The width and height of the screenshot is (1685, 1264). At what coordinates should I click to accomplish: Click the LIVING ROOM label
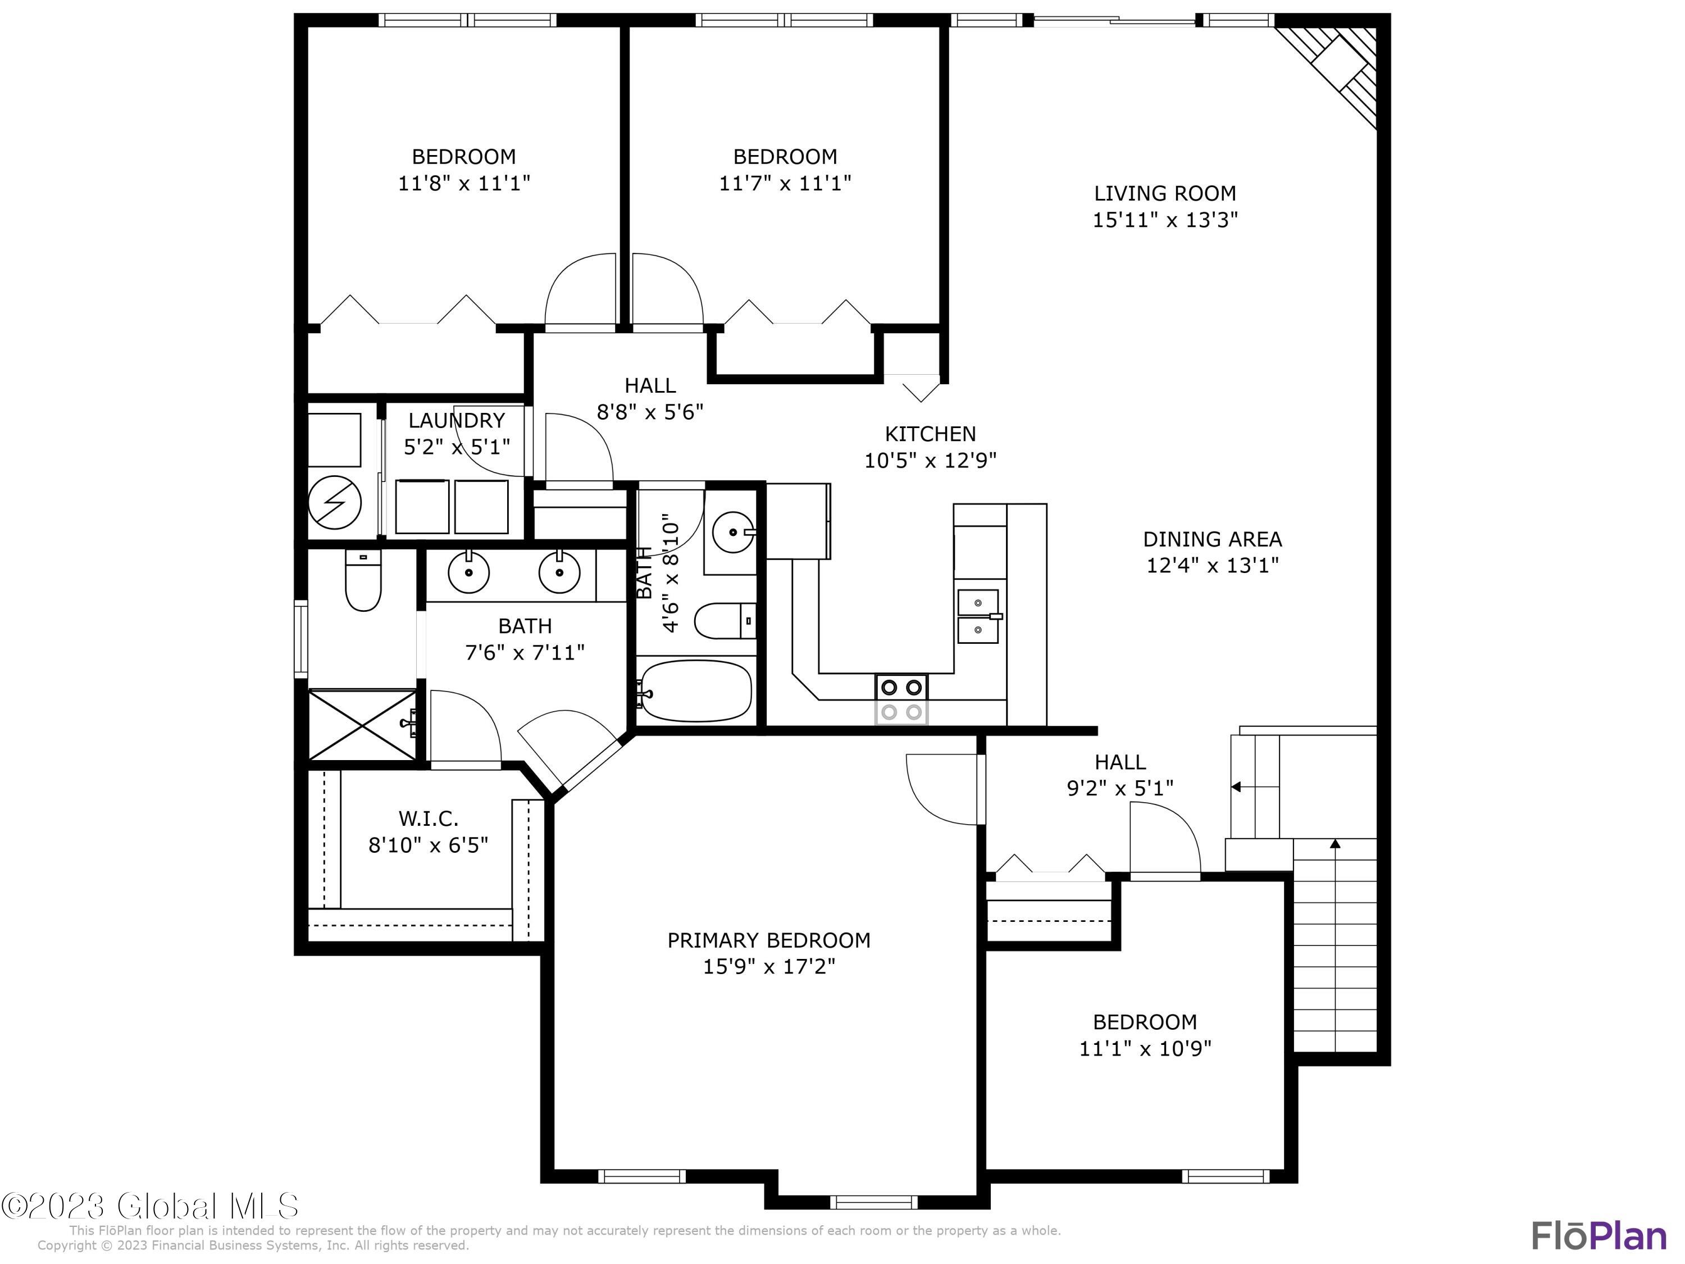click(1165, 193)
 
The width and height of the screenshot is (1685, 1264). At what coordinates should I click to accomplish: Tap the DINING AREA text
click(1212, 539)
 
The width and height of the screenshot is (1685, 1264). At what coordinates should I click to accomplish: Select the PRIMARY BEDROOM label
click(768, 940)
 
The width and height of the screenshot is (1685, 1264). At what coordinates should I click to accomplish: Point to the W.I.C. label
click(428, 819)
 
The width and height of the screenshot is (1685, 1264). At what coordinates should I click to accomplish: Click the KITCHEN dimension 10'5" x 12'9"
click(930, 460)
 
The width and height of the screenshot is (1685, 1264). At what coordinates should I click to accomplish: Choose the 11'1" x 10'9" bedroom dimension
click(1145, 1048)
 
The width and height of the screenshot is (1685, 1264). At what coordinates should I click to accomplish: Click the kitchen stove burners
click(901, 699)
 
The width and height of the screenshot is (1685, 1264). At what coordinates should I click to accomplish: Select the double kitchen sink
click(978, 616)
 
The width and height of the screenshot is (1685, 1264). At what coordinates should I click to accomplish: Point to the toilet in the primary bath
click(363, 580)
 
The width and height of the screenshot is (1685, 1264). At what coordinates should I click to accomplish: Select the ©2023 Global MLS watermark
click(149, 1206)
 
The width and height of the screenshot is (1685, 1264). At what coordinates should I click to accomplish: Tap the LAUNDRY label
click(456, 421)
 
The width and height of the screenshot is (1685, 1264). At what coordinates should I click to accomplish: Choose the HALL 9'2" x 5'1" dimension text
click(1120, 788)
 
